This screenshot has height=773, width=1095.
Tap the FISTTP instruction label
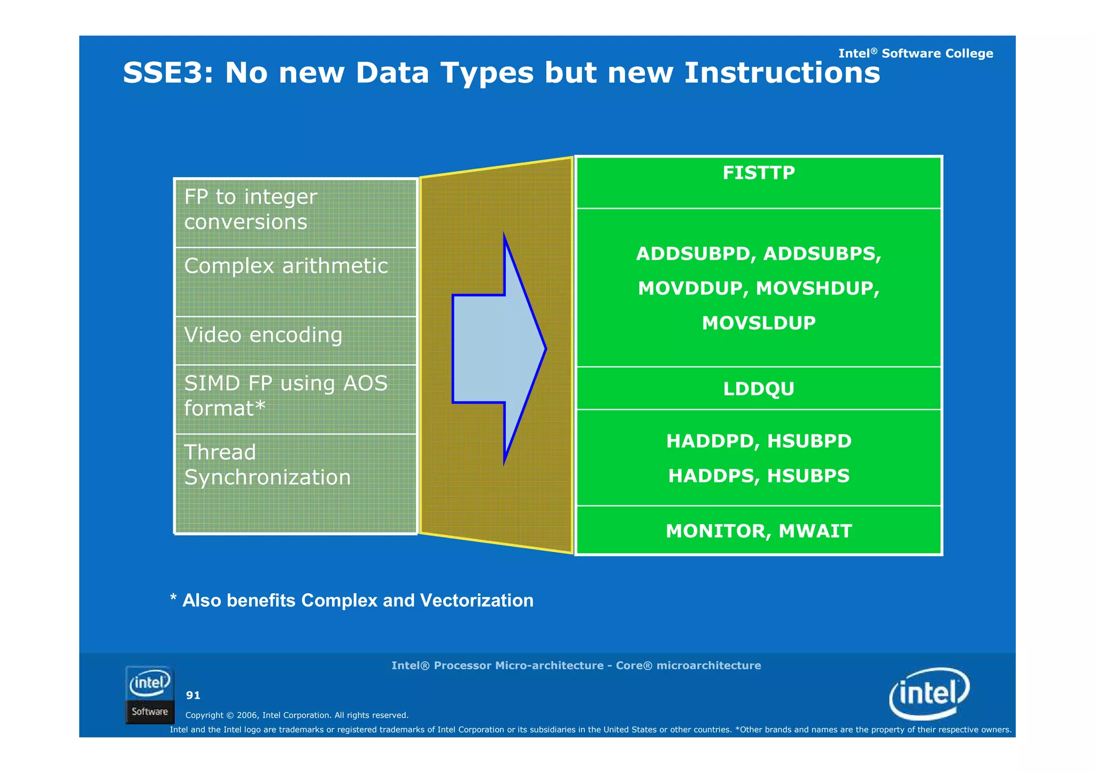click(x=758, y=173)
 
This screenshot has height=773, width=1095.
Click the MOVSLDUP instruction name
click(x=758, y=323)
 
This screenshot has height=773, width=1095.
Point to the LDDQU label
click(x=758, y=388)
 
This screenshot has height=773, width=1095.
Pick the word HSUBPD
click(x=809, y=441)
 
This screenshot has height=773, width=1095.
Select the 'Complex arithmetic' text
click(x=286, y=266)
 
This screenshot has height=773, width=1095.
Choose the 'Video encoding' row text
click(x=263, y=335)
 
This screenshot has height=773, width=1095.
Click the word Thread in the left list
click(x=220, y=452)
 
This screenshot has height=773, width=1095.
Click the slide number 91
click(x=193, y=695)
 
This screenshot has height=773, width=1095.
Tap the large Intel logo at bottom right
click(x=929, y=693)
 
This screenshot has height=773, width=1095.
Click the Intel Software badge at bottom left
click(x=150, y=694)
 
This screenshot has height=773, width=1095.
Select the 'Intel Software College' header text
click(x=915, y=53)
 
